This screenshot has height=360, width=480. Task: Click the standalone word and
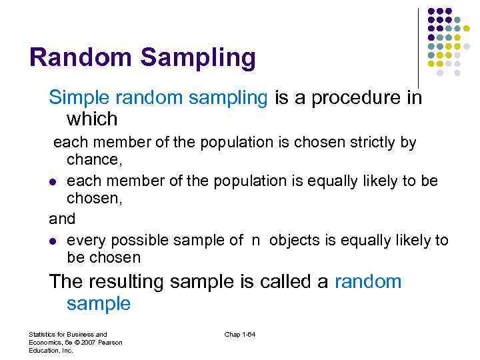point(62,218)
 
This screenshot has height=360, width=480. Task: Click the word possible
point(133,240)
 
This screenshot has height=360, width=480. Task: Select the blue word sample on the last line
point(99,304)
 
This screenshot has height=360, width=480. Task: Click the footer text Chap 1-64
point(240,333)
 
